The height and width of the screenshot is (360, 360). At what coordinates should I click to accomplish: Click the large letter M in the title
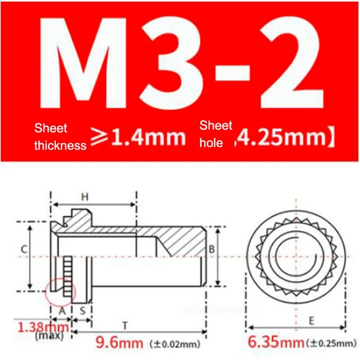point(83,63)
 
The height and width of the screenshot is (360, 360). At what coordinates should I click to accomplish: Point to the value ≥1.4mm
point(138,137)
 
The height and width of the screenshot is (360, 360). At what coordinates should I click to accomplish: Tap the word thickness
point(60,145)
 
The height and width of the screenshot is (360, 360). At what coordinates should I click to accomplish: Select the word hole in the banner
point(211,143)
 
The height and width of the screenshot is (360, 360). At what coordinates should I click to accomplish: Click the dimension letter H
point(85,197)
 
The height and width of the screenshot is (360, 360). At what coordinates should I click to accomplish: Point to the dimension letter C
point(24,249)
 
